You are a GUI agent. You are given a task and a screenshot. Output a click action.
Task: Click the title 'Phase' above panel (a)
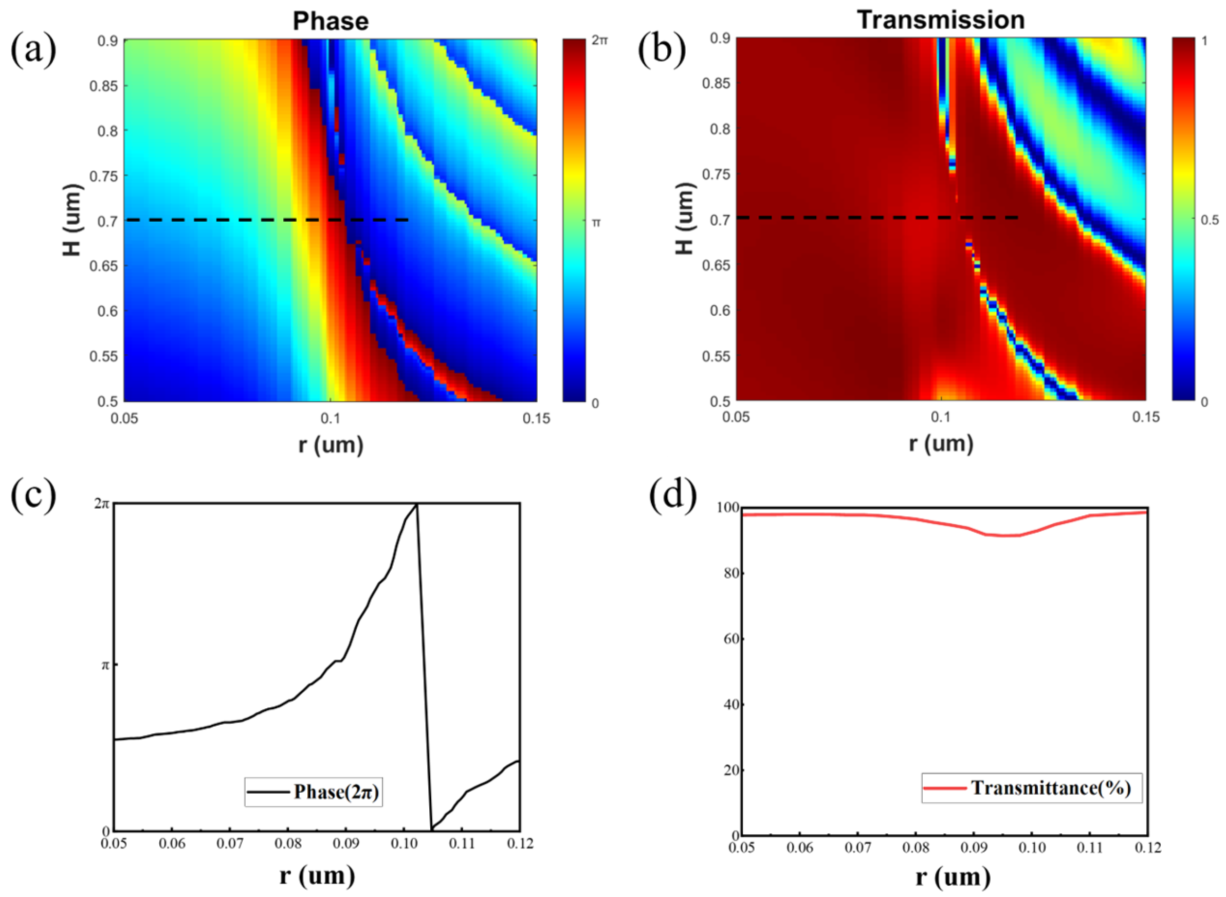pyautogui.click(x=331, y=21)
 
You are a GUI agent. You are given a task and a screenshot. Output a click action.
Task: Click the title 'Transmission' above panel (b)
pyautogui.click(x=941, y=20)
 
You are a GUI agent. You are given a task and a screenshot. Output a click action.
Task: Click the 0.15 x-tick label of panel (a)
pyautogui.click(x=536, y=419)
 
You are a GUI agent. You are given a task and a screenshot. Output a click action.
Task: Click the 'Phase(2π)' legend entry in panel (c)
pyautogui.click(x=337, y=792)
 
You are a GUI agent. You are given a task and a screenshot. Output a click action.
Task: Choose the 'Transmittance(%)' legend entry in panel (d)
pyautogui.click(x=1050, y=787)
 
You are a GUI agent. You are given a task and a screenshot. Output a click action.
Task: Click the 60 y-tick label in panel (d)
pyautogui.click(x=727, y=640)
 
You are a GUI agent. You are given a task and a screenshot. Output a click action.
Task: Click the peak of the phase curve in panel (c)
pyautogui.click(x=416, y=505)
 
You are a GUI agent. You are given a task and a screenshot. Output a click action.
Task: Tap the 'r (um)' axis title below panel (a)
pyautogui.click(x=331, y=445)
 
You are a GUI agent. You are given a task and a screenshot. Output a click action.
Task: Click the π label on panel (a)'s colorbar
pyautogui.click(x=595, y=222)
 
